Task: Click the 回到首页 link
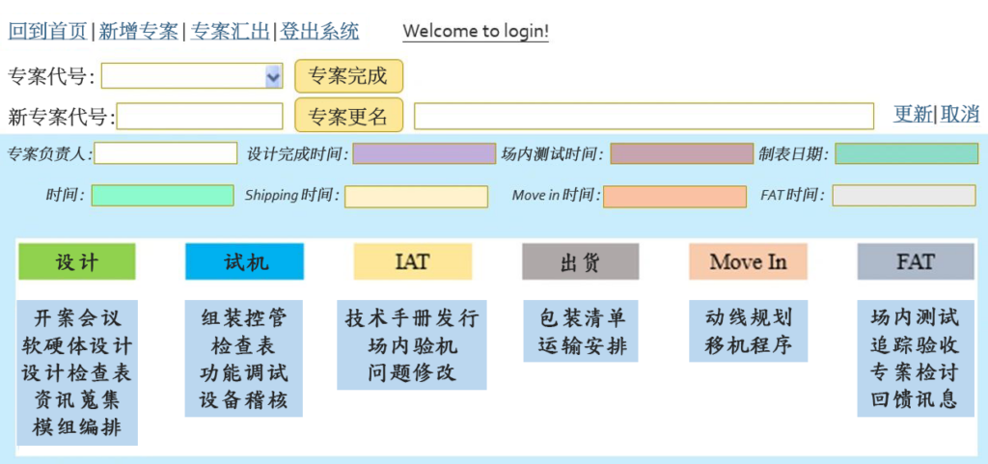(47, 31)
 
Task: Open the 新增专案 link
(139, 31)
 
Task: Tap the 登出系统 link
(319, 31)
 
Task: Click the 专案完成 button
(347, 76)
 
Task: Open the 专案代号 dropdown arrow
(272, 77)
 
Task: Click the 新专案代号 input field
(200, 117)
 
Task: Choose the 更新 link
(912, 114)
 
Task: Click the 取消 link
(960, 114)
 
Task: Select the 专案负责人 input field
(165, 153)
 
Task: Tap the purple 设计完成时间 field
(424, 153)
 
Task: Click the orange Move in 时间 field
(674, 196)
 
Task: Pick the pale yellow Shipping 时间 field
(416, 196)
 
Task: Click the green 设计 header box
(77, 261)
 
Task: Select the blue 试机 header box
(245, 261)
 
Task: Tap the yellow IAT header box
(412, 261)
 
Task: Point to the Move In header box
(748, 261)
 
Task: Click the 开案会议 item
(77, 317)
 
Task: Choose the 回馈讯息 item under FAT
(915, 400)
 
